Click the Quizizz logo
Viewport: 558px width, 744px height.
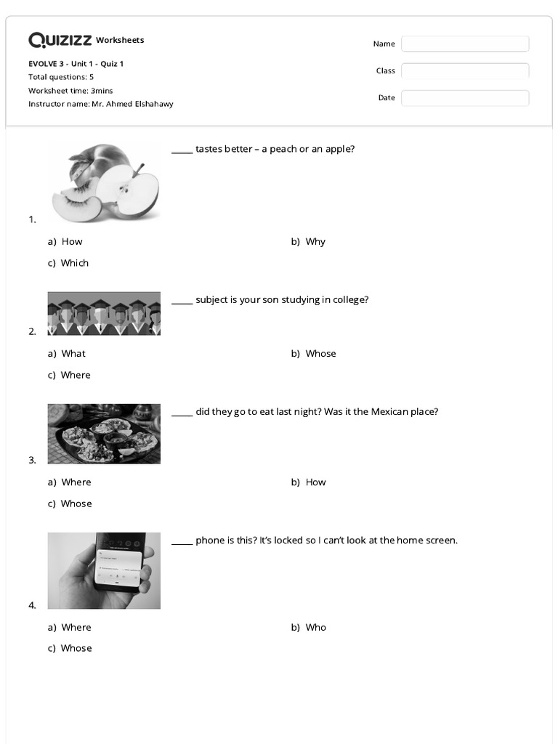(x=60, y=40)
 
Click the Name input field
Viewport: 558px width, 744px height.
(x=465, y=44)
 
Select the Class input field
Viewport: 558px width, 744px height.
(x=465, y=71)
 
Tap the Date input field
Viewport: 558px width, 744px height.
(x=465, y=98)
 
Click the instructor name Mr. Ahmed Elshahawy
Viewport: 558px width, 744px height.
(x=132, y=104)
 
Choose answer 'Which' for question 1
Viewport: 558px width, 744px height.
(x=74, y=263)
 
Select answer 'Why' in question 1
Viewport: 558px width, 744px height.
(x=315, y=242)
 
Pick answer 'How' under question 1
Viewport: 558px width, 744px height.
(x=72, y=242)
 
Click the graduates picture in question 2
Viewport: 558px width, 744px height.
(x=104, y=314)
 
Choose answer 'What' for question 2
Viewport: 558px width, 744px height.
(x=73, y=354)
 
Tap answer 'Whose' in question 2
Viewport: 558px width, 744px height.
(x=320, y=354)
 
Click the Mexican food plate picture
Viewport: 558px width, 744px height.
(x=104, y=434)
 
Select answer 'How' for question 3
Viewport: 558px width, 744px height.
(x=315, y=482)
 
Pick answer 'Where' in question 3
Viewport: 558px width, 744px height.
(x=76, y=482)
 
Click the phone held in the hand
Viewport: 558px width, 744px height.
(x=120, y=567)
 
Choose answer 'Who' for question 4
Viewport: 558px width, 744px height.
(x=315, y=628)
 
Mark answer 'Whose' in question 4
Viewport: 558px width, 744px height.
(x=76, y=649)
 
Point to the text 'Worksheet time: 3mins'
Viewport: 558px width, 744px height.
(x=70, y=91)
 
